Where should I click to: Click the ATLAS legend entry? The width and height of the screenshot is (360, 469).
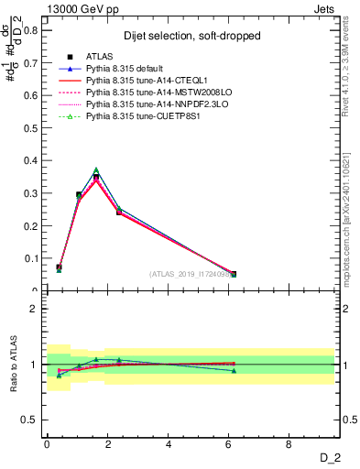tap(98, 58)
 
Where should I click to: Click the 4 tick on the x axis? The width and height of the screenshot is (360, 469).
tap(169, 443)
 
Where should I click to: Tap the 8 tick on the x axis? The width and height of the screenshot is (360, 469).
tap(289, 443)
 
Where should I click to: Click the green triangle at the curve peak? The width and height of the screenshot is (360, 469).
tap(96, 170)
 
